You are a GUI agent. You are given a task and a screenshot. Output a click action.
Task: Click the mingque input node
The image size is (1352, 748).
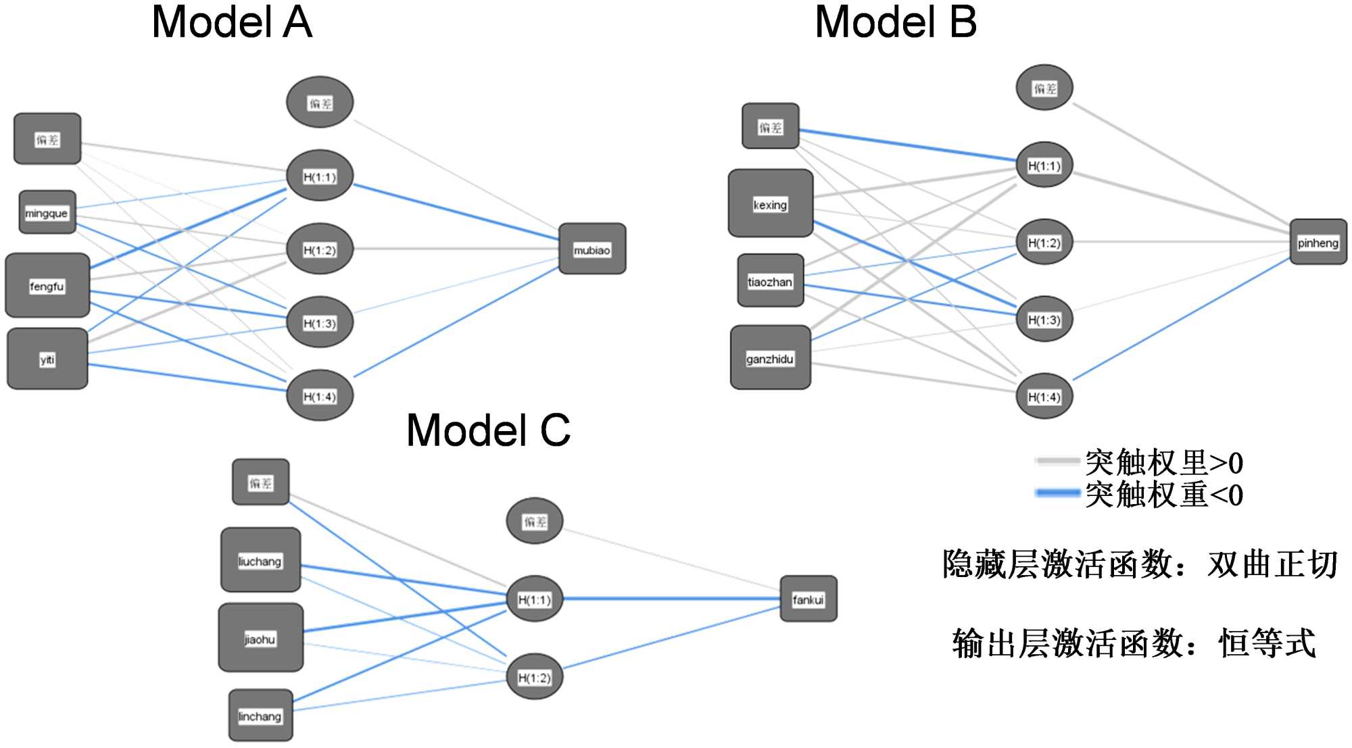pyautogui.click(x=47, y=212)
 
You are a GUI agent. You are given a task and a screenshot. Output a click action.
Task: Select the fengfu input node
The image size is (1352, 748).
pyautogui.click(x=47, y=285)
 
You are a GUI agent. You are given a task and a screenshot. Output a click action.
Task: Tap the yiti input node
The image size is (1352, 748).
pyautogui.click(x=47, y=359)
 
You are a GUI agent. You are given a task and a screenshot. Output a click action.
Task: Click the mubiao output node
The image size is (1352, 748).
pyautogui.click(x=592, y=249)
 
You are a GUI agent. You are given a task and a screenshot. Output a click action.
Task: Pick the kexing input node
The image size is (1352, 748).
pyautogui.click(x=771, y=203)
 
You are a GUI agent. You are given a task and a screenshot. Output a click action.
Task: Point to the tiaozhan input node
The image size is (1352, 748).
pyautogui.click(x=771, y=280)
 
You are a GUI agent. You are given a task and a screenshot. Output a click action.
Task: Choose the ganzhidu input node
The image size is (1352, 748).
pyautogui.click(x=771, y=357)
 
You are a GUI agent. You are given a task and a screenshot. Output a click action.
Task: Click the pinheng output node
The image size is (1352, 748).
pyautogui.click(x=1318, y=242)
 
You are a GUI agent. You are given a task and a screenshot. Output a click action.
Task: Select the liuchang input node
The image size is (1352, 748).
pyautogui.click(x=260, y=560)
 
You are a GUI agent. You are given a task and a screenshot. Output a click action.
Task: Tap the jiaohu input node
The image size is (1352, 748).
pyautogui.click(x=260, y=638)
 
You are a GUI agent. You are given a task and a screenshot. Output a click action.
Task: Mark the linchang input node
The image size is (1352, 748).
pyautogui.click(x=260, y=716)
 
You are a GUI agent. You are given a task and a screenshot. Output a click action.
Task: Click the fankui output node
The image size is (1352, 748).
pyautogui.click(x=808, y=599)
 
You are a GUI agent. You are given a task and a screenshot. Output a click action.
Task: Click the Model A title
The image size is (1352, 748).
pyautogui.click(x=232, y=22)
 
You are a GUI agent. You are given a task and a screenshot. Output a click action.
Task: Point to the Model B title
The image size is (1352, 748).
pyautogui.click(x=896, y=22)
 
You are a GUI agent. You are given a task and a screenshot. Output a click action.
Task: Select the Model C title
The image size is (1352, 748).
pyautogui.click(x=488, y=430)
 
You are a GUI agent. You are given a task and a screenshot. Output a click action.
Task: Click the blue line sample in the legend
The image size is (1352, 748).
pyautogui.click(x=1057, y=493)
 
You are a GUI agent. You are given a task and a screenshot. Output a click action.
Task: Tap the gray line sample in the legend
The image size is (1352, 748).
pyautogui.click(x=1057, y=462)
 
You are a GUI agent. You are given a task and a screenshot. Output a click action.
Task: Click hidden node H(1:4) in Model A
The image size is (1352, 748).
pyautogui.click(x=320, y=395)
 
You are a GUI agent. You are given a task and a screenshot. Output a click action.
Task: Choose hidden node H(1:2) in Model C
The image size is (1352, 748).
pyautogui.click(x=535, y=676)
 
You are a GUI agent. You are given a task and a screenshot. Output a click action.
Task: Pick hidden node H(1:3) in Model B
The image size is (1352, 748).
pyautogui.click(x=1044, y=319)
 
